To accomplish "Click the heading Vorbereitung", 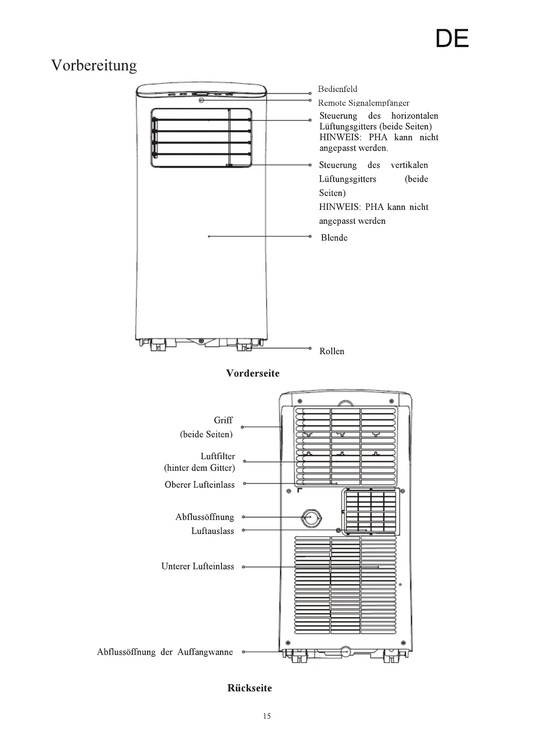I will point(94,65).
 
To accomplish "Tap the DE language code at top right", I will point(452,39).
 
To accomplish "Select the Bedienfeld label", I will point(338,89).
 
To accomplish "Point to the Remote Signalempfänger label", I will point(364,103).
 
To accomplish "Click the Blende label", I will point(334,238).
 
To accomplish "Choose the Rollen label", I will point(332,351).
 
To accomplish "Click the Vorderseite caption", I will point(252,373).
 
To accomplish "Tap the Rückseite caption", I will point(249,688).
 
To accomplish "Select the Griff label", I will point(223,420).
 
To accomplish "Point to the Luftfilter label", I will point(217,456).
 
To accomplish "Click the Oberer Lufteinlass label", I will point(200,485).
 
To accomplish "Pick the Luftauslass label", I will point(213,531).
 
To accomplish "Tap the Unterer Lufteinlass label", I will point(198,567).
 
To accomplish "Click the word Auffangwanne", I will point(205,652).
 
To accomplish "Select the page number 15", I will point(267,716).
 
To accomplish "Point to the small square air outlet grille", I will point(370,511).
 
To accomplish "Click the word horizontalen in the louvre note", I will point(414,116).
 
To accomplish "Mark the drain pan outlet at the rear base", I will point(346,651).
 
